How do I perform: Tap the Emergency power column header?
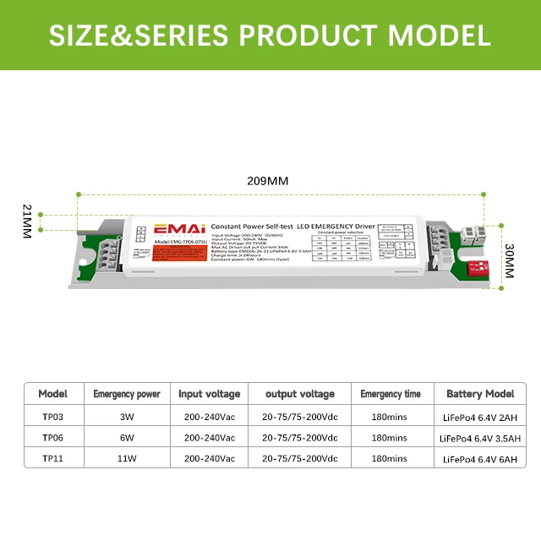127,394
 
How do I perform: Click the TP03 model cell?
53,416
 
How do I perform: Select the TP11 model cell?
53,459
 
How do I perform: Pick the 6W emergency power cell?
126,438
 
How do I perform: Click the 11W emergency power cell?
126,459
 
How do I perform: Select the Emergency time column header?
390,394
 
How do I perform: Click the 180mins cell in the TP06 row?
390,438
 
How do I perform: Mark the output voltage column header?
300,394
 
